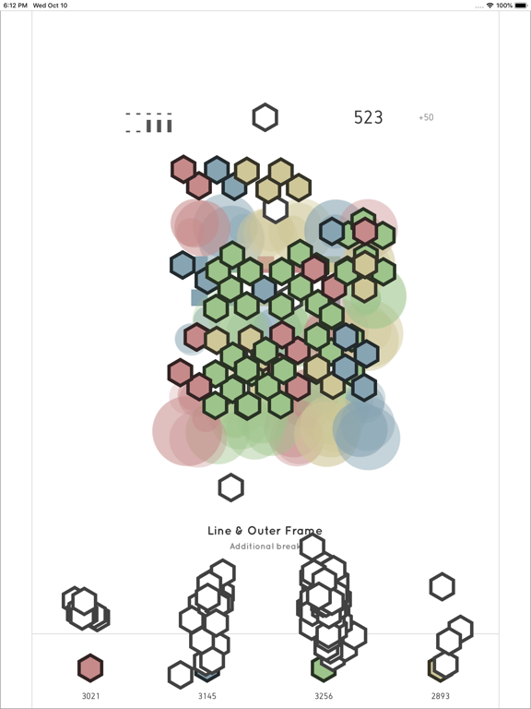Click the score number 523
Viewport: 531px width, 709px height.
(x=368, y=117)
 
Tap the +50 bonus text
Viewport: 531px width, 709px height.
(x=426, y=118)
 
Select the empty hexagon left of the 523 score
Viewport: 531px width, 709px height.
(x=265, y=117)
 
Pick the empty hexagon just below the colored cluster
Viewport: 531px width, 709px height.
(x=230, y=487)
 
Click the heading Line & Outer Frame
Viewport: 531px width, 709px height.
(x=265, y=531)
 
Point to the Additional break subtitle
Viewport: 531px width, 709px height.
(x=265, y=547)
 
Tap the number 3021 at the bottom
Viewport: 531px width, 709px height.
(x=90, y=696)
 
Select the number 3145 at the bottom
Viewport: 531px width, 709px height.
(x=207, y=696)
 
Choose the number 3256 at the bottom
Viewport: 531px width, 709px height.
(x=324, y=696)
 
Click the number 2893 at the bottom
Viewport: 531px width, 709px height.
(x=441, y=696)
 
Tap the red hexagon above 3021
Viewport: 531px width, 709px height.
(x=89, y=667)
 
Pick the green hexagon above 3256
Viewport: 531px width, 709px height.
(x=323, y=668)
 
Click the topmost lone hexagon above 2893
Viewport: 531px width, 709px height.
(x=442, y=586)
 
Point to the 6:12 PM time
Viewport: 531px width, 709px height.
(x=15, y=6)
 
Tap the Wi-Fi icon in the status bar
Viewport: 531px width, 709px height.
(x=490, y=6)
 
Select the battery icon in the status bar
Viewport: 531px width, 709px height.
(x=520, y=6)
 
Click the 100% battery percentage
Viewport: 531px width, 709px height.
(x=504, y=6)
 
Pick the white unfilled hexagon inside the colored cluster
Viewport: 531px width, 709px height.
(x=276, y=210)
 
